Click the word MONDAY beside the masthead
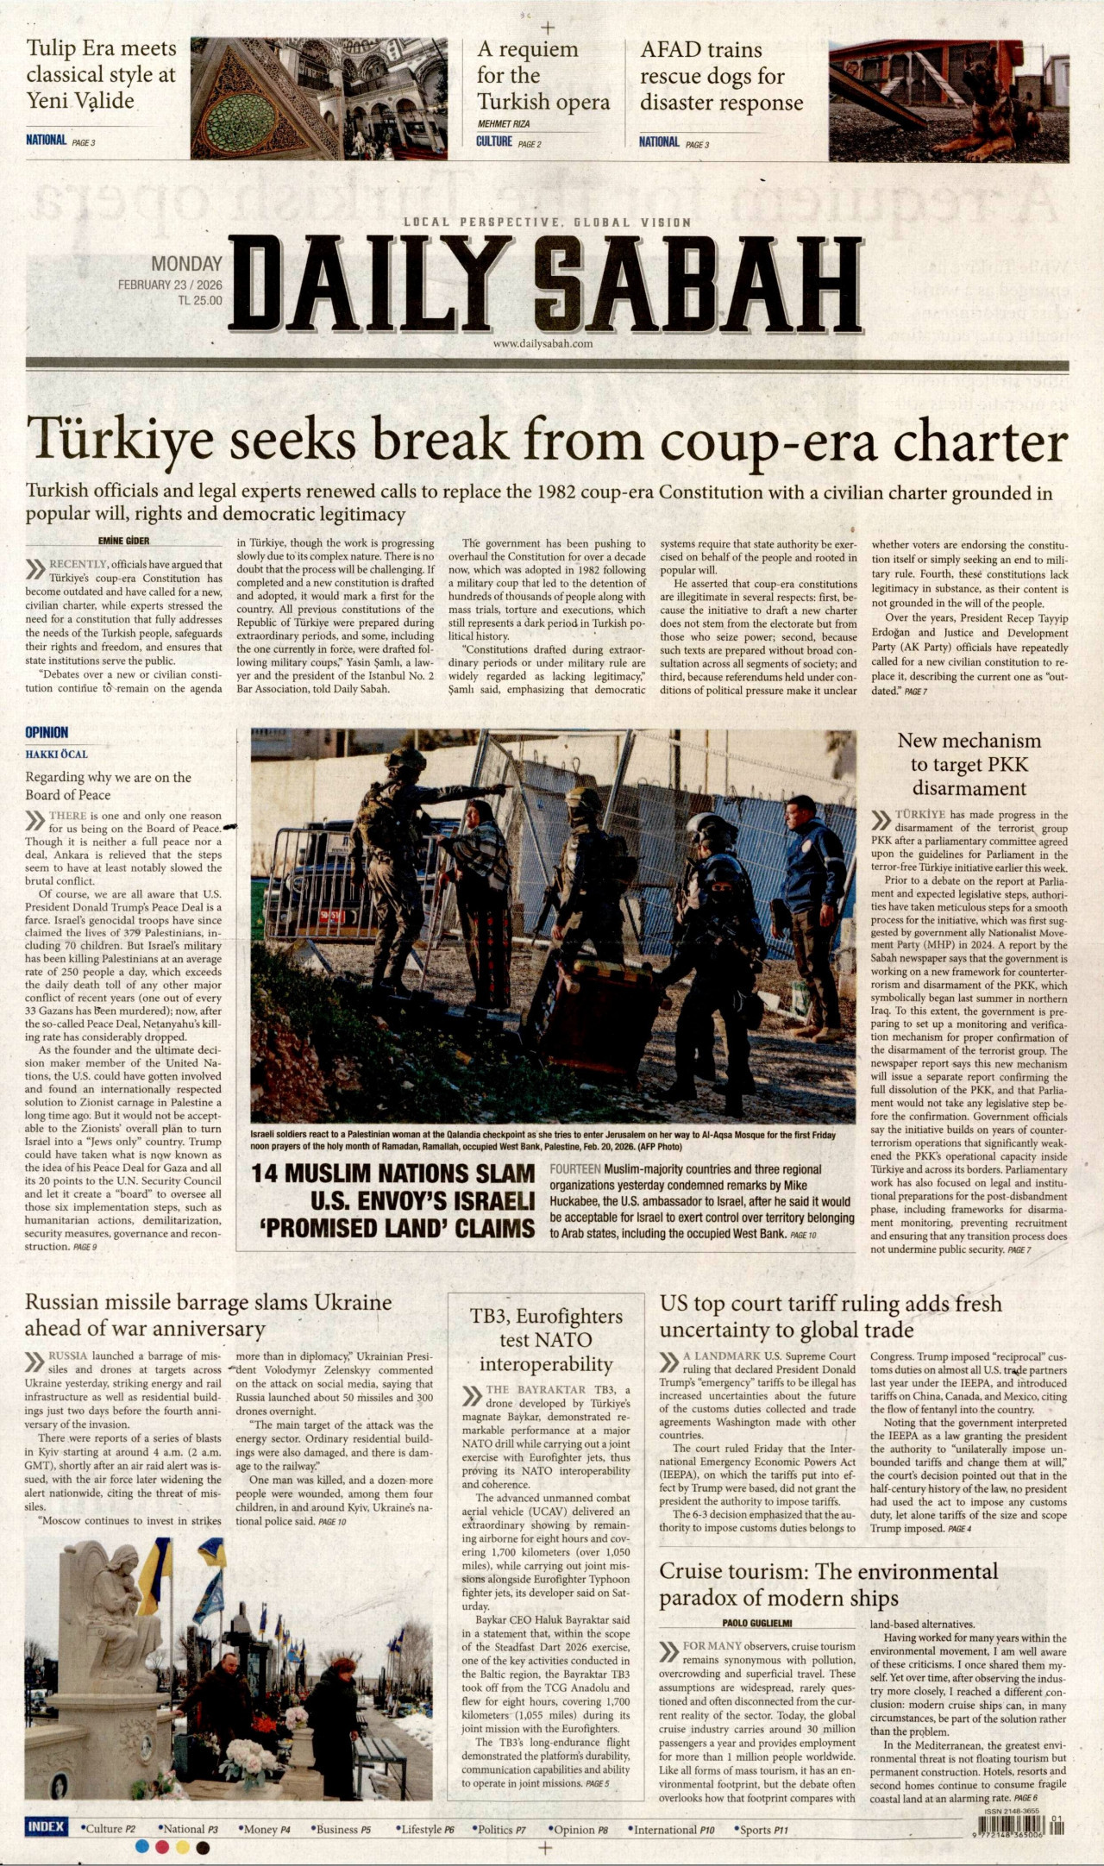(187, 264)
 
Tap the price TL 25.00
(199, 301)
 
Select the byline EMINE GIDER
(125, 541)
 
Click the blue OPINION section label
(47, 732)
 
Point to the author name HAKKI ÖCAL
(56, 754)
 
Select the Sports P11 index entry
(763, 1829)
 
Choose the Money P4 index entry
(260, 1829)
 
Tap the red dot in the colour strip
(161, 1847)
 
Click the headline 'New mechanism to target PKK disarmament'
(969, 764)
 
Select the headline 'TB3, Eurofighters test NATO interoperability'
(546, 1340)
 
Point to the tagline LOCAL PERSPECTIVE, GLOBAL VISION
(547, 222)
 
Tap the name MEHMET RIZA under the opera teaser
(503, 124)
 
